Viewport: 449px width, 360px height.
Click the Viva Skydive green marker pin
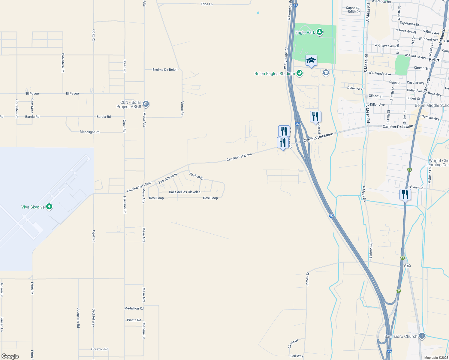tap(49, 207)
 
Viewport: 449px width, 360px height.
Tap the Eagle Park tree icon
tap(320, 32)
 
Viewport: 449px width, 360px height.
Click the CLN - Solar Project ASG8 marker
tap(146, 104)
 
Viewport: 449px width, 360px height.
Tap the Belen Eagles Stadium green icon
tap(299, 73)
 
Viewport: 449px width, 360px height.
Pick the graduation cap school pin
tap(311, 61)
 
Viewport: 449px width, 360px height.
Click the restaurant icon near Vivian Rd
tap(405, 194)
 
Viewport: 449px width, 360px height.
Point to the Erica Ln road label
tap(206, 4)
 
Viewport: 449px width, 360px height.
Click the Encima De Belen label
tap(165, 70)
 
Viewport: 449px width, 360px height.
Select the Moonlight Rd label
tap(89, 132)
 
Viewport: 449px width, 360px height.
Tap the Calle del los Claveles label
tap(185, 192)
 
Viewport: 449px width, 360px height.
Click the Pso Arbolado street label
tap(168, 178)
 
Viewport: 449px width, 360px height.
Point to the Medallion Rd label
tap(134, 308)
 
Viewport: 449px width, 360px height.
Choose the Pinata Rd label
tap(134, 320)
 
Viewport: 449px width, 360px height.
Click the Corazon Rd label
tap(100, 349)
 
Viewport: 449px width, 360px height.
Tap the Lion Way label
tap(296, 356)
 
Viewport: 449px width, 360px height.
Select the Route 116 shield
tap(407, 266)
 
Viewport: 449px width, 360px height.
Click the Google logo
tap(10, 356)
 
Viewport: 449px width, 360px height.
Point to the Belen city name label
tap(434, 60)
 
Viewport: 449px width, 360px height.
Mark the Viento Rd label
tap(182, 108)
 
